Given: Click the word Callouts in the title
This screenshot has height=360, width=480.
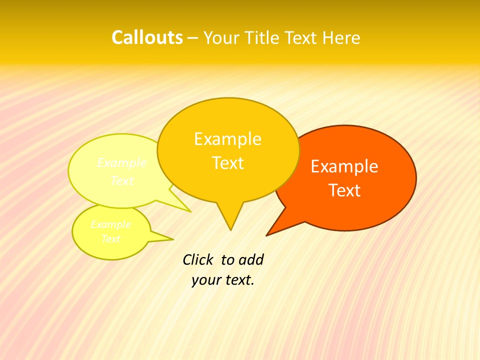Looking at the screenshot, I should [147, 37].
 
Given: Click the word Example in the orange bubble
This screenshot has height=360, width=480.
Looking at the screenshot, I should [344, 166].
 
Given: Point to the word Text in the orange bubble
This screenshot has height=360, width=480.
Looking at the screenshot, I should [345, 190].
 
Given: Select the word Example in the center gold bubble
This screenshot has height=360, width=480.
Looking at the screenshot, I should [227, 139].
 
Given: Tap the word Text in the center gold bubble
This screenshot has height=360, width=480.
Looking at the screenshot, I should [228, 163].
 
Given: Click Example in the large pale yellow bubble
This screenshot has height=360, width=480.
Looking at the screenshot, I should [122, 163].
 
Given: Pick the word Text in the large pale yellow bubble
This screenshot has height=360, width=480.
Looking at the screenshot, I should [122, 180].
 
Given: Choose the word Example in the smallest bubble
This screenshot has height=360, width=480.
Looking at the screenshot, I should [111, 224].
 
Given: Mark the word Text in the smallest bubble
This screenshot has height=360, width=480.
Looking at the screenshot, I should [111, 239].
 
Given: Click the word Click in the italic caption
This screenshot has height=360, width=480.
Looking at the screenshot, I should [198, 259].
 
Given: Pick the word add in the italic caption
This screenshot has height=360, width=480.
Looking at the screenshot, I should [251, 259].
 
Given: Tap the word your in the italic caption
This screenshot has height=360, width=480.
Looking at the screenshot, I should [205, 280].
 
